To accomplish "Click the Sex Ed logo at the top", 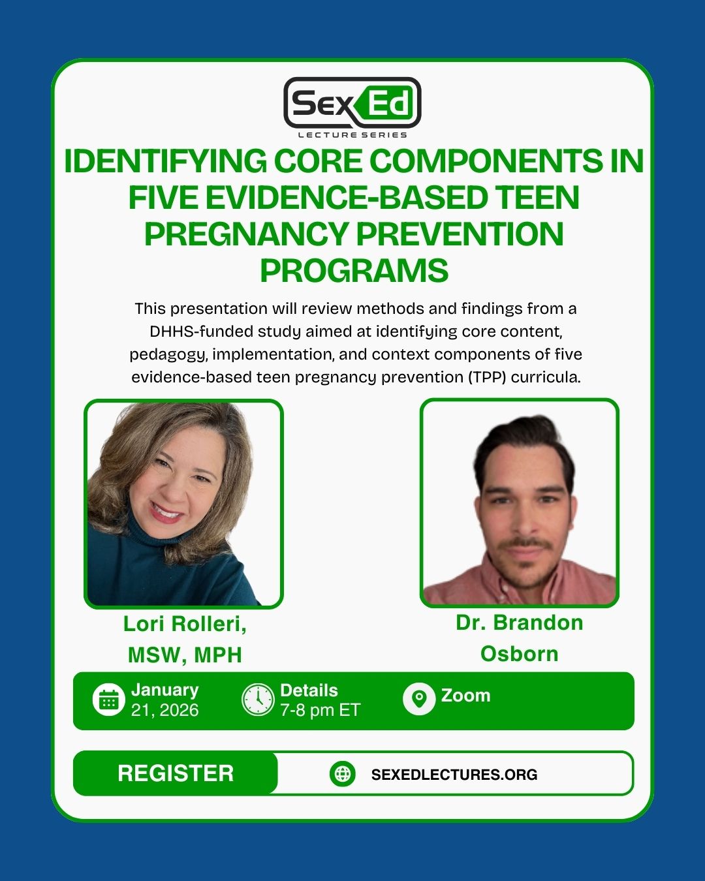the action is point(352,103).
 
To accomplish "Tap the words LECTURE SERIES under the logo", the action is point(352,135).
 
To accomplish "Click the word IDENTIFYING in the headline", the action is point(166,161).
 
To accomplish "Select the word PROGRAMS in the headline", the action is point(354,271).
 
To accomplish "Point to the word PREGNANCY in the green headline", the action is point(246,234).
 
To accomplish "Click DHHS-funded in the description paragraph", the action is point(201,332).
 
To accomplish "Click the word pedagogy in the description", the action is point(170,354).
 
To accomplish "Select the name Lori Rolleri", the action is point(185,625).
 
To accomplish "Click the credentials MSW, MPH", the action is point(185,655).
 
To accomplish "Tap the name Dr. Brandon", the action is point(520,623).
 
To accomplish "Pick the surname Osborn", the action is point(520,654).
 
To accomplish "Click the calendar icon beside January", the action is point(108,700).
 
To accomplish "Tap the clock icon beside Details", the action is point(258,700).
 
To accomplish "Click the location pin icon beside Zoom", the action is point(418,699).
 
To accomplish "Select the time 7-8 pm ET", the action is point(320,710).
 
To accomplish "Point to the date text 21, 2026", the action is point(164,710).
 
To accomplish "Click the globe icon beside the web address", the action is point(343,774).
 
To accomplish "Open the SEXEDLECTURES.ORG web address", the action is point(454,775).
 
